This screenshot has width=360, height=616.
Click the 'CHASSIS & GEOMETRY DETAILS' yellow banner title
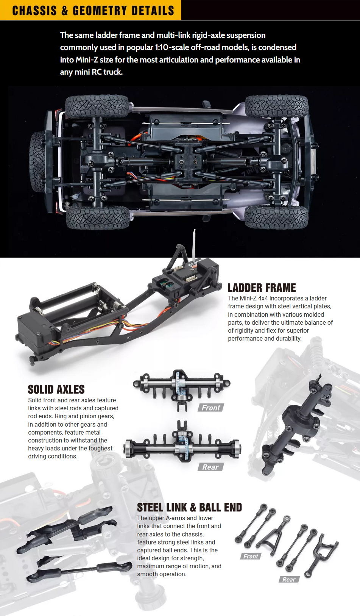93,11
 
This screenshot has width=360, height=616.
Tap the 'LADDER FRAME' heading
262,288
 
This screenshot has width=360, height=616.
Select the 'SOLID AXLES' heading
56,389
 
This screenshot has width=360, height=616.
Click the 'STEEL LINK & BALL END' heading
189,507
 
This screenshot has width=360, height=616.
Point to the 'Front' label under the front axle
211,408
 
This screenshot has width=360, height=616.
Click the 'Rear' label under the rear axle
210,467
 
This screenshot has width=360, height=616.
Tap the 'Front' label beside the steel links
251,556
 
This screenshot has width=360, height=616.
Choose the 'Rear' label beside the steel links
289,579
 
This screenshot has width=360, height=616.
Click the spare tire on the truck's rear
37,162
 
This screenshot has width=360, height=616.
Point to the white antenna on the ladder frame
194,245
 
